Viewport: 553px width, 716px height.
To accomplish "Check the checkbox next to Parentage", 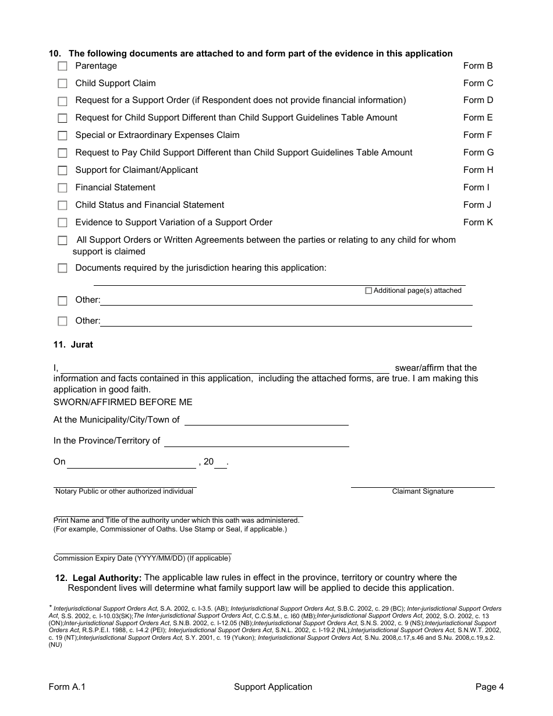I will click(62, 66).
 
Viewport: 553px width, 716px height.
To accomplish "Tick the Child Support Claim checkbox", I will click(62, 84).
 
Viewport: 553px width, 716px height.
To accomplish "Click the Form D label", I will click(478, 100).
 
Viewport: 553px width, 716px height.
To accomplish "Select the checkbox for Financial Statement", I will click(62, 188).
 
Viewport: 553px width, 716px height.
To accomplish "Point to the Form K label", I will click(478, 222).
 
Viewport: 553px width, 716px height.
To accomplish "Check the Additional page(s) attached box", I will click(368, 290).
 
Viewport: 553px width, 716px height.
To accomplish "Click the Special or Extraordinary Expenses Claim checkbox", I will click(62, 136).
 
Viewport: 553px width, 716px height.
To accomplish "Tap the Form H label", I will click(478, 170).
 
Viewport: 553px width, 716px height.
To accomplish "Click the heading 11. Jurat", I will click(73, 345).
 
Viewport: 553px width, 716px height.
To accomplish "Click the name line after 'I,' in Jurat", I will click(225, 368).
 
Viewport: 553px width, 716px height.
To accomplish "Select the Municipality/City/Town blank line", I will click(266, 420).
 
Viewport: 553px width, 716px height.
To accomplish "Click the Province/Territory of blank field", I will click(256, 441).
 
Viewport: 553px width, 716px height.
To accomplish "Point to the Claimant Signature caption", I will click(423, 491).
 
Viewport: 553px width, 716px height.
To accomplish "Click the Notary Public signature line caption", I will click(124, 491).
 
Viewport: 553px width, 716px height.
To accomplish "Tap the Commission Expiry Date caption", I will click(142, 558).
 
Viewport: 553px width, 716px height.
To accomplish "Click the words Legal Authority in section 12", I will click(107, 578).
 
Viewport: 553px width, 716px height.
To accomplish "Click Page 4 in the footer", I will click(490, 687).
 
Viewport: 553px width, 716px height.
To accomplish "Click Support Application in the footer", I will click(273, 687).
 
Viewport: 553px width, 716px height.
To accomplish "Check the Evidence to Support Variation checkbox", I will click(62, 223).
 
